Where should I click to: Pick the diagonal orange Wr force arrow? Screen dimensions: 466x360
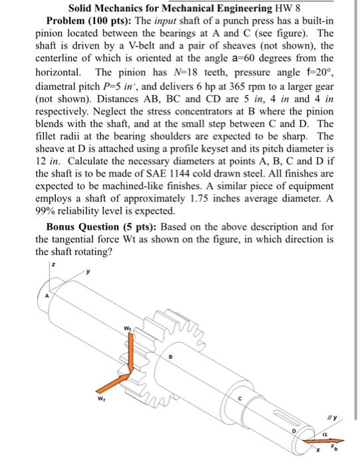coord(114,382)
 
